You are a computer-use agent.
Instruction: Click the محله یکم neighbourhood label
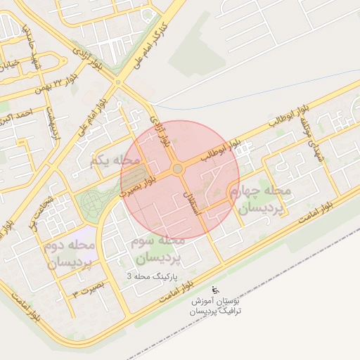tap(111, 162)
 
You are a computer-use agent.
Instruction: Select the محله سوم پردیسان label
tap(157, 250)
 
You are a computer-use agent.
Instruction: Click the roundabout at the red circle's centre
tap(177, 169)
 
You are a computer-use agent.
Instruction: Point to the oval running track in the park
tap(92, 203)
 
